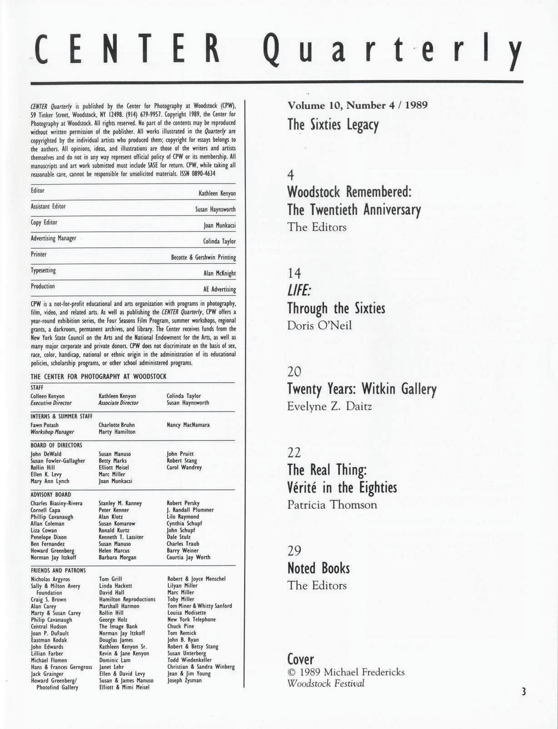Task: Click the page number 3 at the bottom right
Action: (x=523, y=692)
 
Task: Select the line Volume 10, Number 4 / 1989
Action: (x=358, y=105)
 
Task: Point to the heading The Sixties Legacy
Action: (x=333, y=125)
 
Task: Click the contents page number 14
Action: (x=294, y=273)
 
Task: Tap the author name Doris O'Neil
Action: (x=319, y=326)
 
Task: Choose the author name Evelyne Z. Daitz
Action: (x=329, y=406)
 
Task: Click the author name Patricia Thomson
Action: (x=332, y=505)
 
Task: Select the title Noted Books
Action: (x=319, y=568)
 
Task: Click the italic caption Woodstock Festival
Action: (x=326, y=684)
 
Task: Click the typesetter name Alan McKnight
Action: (x=219, y=274)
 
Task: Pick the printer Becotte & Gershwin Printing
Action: (x=203, y=258)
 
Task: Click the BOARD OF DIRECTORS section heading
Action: (x=56, y=445)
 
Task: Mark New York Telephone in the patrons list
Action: (x=191, y=619)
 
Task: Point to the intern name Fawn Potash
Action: (x=45, y=425)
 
